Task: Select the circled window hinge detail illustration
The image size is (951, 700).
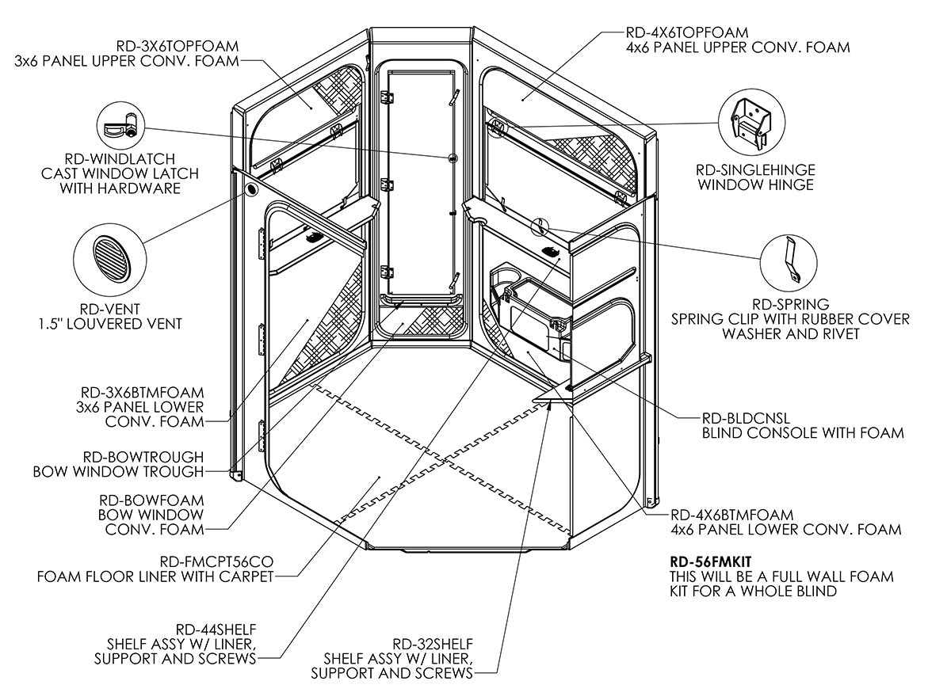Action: click(748, 124)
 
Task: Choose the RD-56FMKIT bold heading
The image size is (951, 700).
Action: click(710, 561)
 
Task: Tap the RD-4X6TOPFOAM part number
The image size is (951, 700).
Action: click(687, 32)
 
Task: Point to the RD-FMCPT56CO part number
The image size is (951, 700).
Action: click(214, 561)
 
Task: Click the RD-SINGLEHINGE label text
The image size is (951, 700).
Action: click(755, 170)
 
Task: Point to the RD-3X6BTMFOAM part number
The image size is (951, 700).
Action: click(143, 392)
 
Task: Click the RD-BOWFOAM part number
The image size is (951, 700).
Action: click(151, 500)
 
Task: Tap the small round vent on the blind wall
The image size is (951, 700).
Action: click(252, 190)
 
